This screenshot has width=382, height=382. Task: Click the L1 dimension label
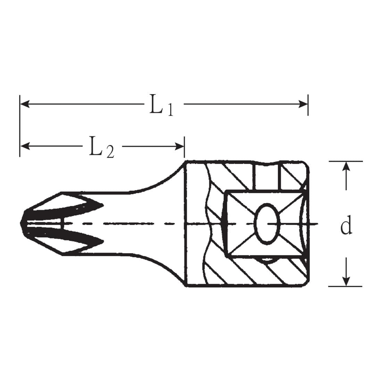pos(161,105)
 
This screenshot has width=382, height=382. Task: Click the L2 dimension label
pos(101,147)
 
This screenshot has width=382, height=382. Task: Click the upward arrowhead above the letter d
pos(346,167)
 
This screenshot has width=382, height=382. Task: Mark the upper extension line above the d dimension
pos(346,161)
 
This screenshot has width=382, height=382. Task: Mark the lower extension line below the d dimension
pos(346,286)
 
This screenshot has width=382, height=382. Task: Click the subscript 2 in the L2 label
pos(110,153)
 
